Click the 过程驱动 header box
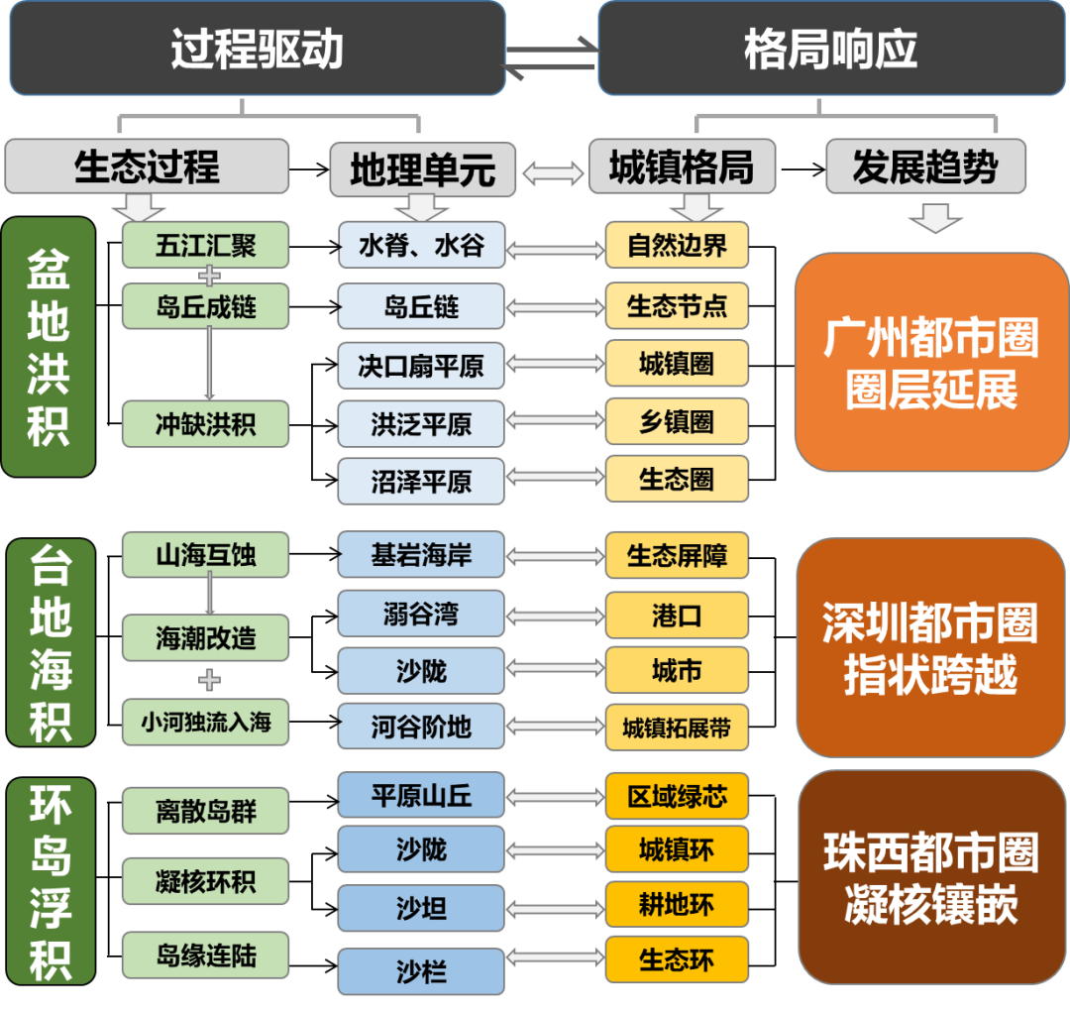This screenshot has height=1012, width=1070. coord(257,49)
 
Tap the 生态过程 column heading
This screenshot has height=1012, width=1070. coord(147,167)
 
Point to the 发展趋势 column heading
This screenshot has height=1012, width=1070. coord(925,167)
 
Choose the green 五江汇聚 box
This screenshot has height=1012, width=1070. coord(206,245)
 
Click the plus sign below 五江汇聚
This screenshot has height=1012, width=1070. coord(208,275)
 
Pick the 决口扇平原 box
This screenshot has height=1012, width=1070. coord(421,365)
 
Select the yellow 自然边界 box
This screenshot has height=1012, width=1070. coord(677,245)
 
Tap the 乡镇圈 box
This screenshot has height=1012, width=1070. coord(677,421)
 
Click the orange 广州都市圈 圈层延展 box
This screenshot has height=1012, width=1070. coord(931,363)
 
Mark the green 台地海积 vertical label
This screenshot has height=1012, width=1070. coord(50,641)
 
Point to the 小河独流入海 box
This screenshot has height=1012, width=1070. coord(206,722)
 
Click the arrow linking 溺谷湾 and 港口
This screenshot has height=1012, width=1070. coord(554,615)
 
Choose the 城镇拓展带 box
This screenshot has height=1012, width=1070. coord(677,728)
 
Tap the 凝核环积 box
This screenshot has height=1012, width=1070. coord(206,881)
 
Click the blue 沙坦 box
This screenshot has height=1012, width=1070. coord(421,908)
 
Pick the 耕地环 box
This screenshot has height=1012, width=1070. coord(677,906)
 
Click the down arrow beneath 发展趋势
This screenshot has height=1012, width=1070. coord(935,219)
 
